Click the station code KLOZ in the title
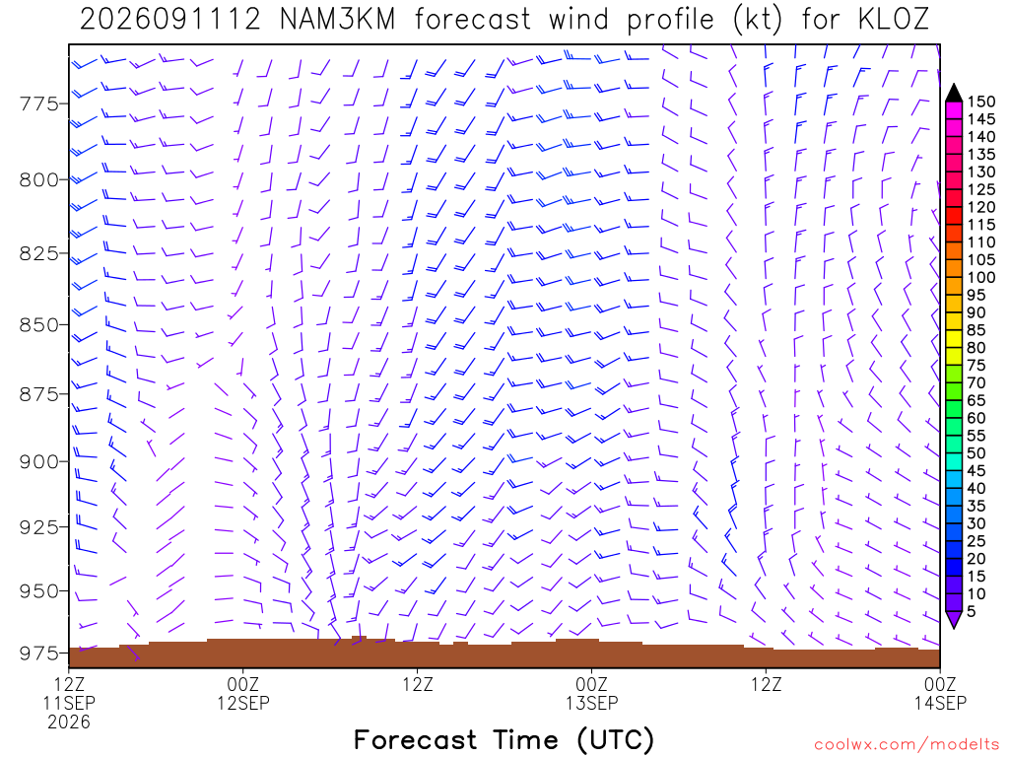(894, 20)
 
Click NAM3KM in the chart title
(338, 20)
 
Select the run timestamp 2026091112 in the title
(169, 20)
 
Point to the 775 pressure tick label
(39, 103)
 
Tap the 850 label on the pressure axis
(39, 325)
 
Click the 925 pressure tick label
(39, 527)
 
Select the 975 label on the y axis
(39, 654)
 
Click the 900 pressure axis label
(39, 461)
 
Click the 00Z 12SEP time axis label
(243, 693)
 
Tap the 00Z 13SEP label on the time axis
(592, 693)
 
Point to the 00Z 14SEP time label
(940, 693)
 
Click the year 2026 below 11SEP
(69, 722)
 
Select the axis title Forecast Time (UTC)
(504, 740)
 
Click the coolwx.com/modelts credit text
(907, 745)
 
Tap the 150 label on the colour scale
(980, 102)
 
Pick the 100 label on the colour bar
(980, 277)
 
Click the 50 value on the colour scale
(976, 453)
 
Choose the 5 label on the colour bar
(972, 611)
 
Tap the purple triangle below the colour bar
(954, 619)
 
